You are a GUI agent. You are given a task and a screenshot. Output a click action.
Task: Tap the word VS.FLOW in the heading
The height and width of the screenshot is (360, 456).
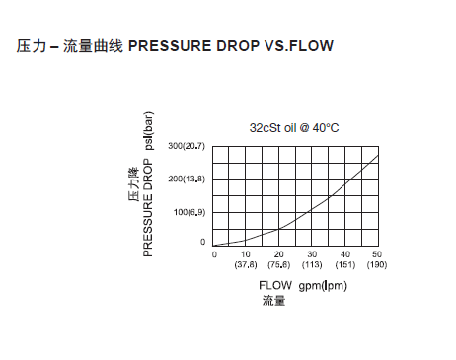(x=302, y=46)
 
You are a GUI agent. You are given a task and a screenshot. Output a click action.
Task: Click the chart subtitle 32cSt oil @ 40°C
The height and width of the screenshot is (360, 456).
(x=295, y=128)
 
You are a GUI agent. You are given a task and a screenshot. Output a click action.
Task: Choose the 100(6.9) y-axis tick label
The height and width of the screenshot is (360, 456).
(x=190, y=212)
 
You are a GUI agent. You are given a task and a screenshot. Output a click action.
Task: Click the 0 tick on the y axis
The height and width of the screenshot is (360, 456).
(x=203, y=242)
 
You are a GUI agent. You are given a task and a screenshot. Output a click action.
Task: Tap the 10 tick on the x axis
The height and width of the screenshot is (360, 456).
(x=246, y=254)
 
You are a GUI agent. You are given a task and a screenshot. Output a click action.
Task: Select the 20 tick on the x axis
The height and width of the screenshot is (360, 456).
(x=279, y=254)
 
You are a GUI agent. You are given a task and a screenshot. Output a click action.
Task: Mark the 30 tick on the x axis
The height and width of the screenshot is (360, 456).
(x=312, y=254)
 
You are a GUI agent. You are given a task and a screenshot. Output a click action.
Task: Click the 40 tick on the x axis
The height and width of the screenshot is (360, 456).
(x=345, y=254)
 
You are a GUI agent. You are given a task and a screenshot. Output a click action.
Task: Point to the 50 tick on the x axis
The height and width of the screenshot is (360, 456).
(x=378, y=254)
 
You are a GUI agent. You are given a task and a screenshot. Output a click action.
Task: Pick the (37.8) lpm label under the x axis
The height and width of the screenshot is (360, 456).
(x=246, y=264)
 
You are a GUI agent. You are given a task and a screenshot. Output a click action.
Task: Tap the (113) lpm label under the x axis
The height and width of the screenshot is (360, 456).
(x=312, y=264)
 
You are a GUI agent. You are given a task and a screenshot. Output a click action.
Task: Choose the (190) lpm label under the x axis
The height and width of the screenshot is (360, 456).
(x=378, y=264)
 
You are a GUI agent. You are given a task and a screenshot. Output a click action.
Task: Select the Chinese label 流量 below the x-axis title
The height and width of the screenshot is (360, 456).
(x=273, y=300)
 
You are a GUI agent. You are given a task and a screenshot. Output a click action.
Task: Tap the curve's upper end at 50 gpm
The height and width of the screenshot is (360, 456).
(x=378, y=156)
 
